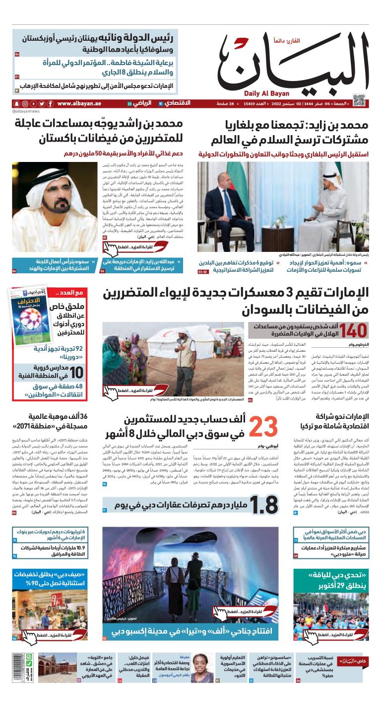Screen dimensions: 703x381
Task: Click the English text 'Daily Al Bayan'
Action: [x=263, y=93]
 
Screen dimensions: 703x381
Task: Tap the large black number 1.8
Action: [x=263, y=505]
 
